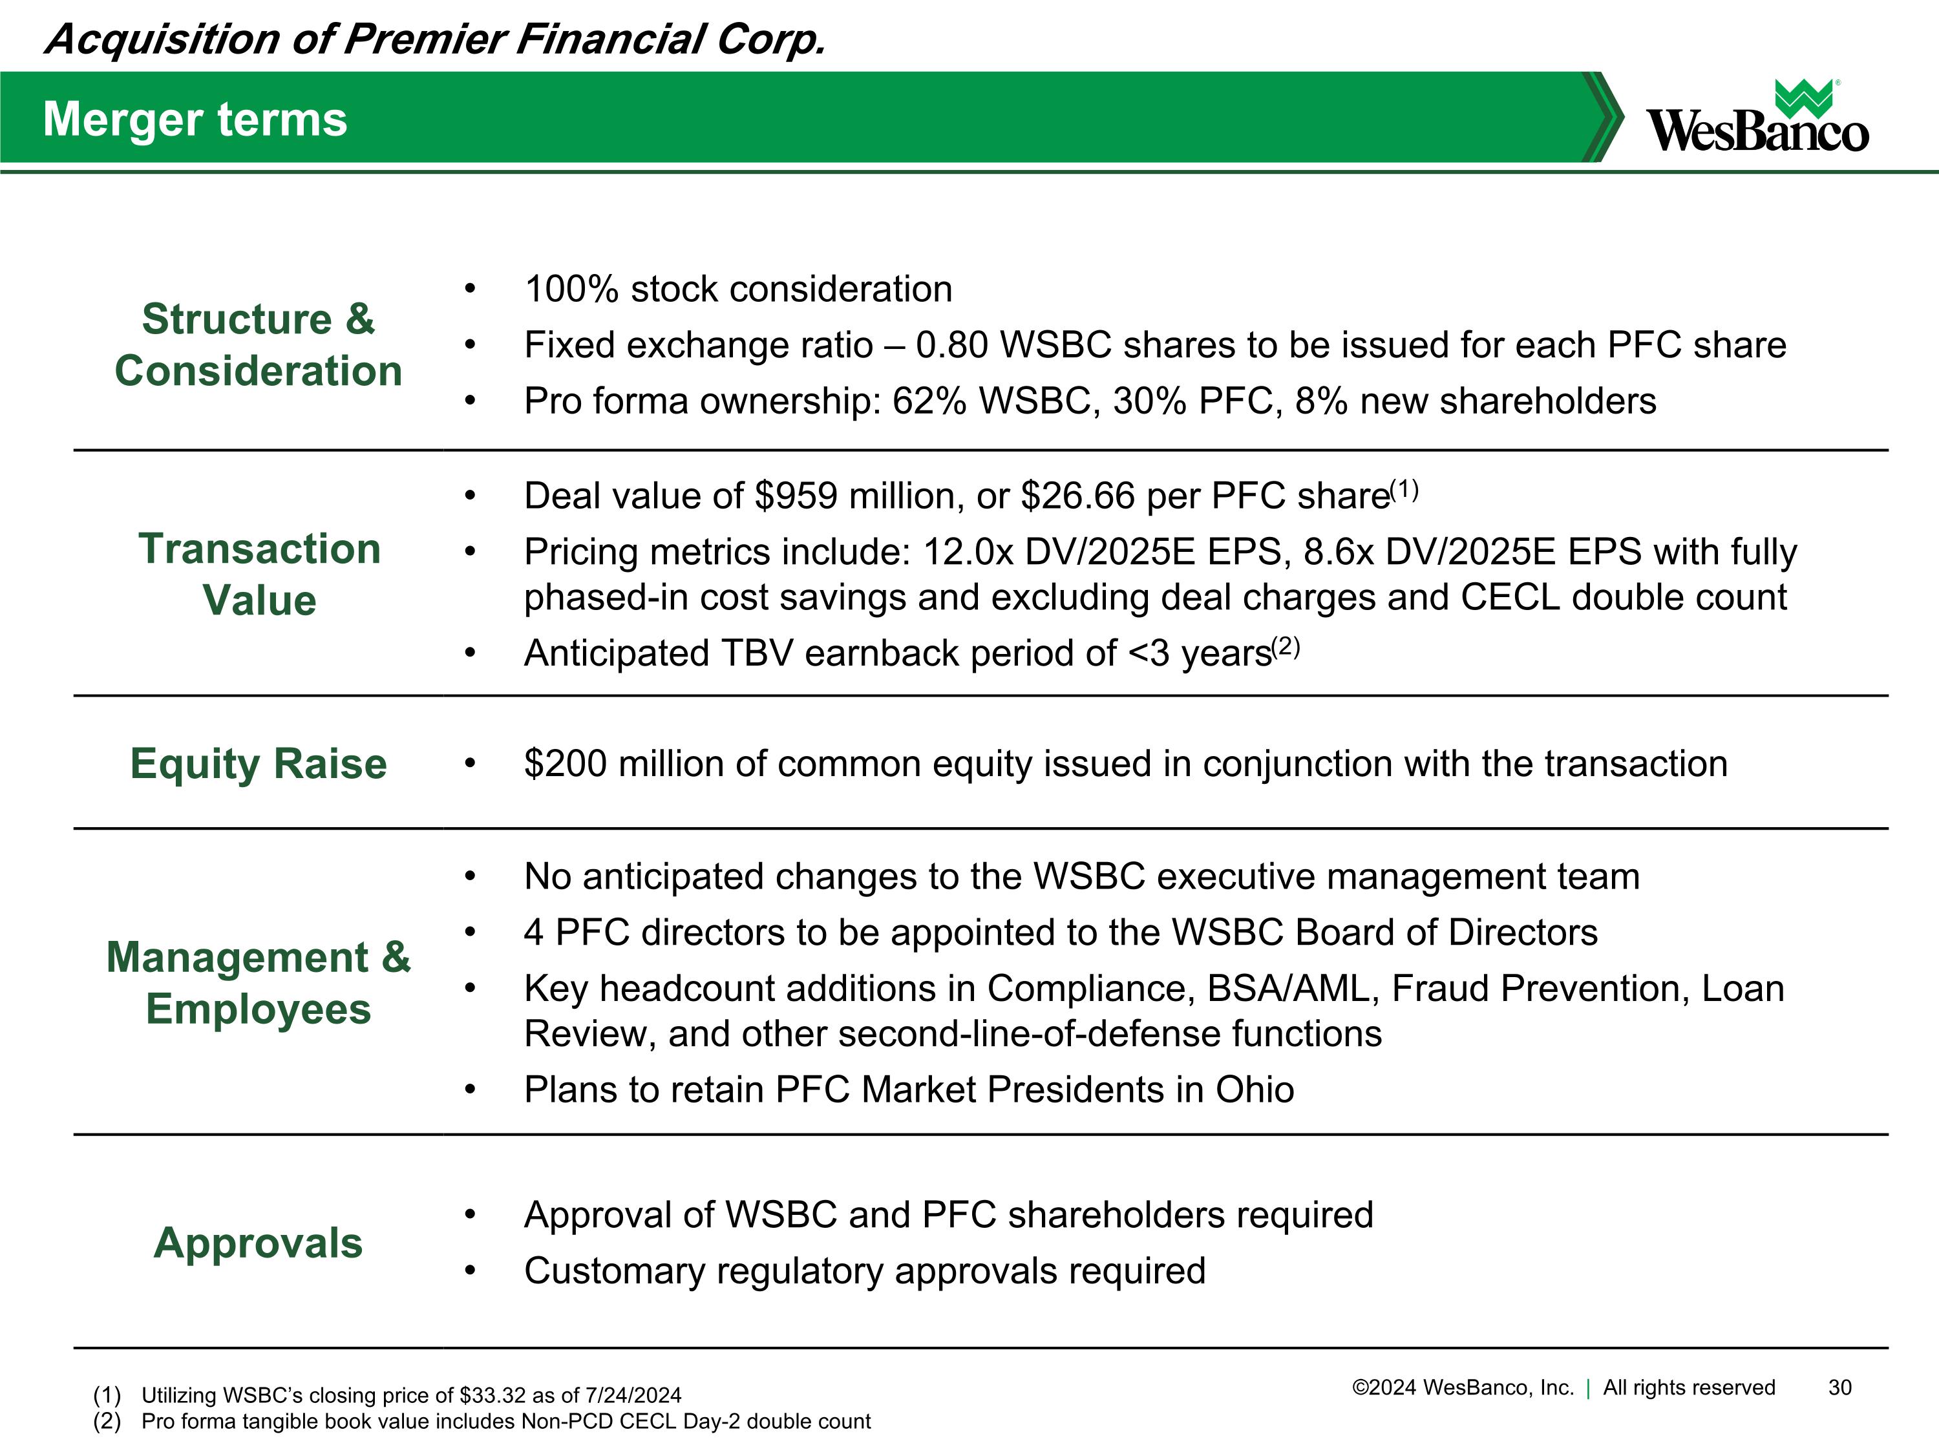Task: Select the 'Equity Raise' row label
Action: coord(259,763)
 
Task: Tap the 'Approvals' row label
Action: coord(258,1243)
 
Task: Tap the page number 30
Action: coord(1840,1387)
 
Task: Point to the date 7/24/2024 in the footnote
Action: coord(633,1395)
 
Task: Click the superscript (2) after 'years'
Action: coord(1286,647)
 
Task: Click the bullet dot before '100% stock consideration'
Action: coord(470,290)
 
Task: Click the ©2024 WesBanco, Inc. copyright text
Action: coord(1462,1387)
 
